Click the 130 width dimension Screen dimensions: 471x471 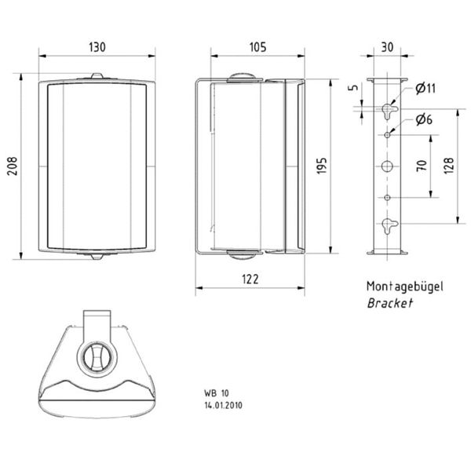click(97, 46)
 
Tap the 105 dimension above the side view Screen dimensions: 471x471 click(257, 46)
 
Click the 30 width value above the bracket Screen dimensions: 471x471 click(385, 46)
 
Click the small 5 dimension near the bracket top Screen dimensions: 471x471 click(355, 89)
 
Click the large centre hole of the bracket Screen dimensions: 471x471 click(388, 166)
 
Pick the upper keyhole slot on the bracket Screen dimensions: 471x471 click(388, 108)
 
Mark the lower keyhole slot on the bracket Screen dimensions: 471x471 click(388, 225)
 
